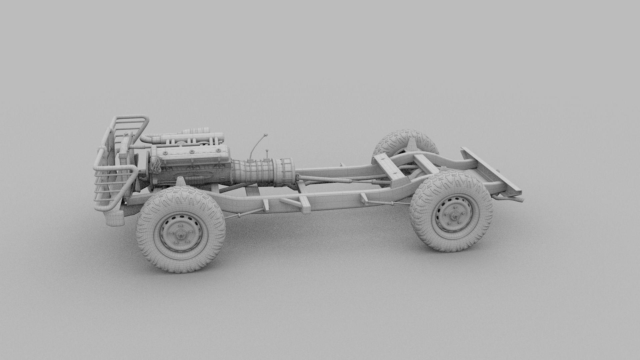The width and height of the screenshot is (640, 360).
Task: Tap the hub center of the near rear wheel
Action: [453, 216]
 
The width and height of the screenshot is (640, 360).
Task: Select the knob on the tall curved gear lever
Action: [266, 135]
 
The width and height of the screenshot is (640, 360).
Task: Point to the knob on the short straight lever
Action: [267, 152]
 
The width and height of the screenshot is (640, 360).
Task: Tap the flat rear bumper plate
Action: [490, 173]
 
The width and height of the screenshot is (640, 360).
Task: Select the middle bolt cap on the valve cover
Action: [192, 152]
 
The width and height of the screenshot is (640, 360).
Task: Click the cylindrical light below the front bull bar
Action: [114, 219]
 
